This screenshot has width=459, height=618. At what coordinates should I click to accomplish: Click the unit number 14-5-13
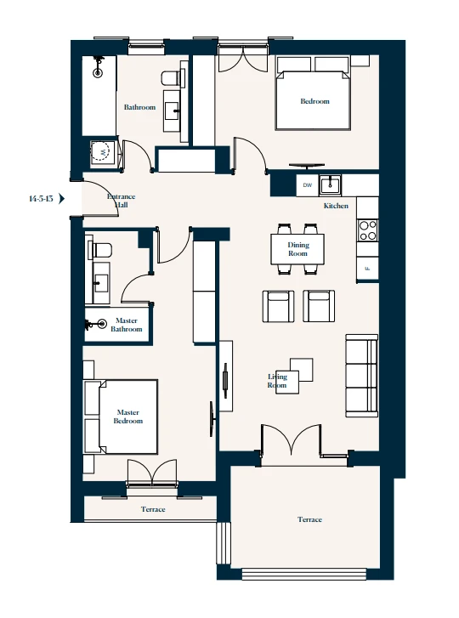pos(41,199)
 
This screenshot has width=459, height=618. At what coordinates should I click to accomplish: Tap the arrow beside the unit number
pos(63,199)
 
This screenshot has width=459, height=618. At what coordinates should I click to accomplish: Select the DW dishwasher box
pos(306,185)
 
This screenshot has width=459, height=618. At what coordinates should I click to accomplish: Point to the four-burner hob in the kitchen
pos(368,230)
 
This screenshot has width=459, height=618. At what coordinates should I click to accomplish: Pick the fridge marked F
pos(367,269)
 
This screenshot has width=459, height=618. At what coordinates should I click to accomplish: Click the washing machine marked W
pos(103,152)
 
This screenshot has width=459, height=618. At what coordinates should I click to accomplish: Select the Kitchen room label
pos(336,207)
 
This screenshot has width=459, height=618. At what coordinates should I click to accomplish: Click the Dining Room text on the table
pos(297,249)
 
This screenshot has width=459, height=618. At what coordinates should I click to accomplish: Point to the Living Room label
pos(278,381)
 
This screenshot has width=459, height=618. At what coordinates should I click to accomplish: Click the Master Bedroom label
pos(128,417)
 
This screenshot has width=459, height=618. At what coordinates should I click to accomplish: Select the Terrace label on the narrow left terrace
pos(153,509)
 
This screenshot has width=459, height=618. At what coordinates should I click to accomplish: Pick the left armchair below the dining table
pos(278,307)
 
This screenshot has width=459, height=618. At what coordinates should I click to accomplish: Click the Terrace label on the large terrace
pos(309,519)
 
